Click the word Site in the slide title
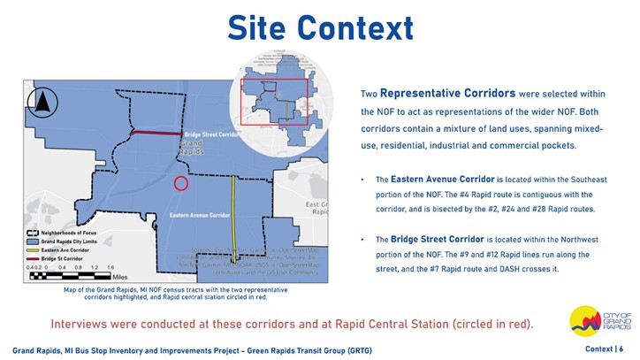tap(256, 27)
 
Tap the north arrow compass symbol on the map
tap(42, 103)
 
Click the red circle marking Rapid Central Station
tap(180, 183)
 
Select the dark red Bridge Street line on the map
tap(158, 134)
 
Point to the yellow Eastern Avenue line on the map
tap(233, 212)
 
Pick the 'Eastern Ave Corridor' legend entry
tap(62, 249)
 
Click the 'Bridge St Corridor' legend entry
tap(58, 258)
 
